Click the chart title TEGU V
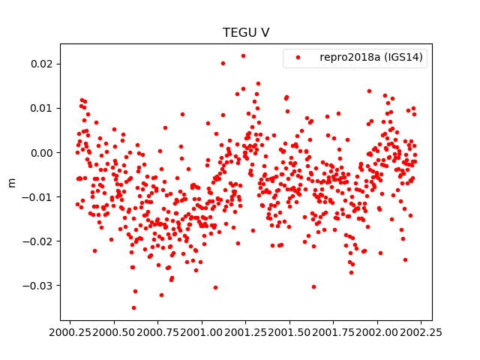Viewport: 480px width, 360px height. tap(246, 33)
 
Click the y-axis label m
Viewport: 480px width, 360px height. tap(11, 182)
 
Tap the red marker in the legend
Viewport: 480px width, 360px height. tap(298, 58)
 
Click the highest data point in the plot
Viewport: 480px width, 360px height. tap(243, 55)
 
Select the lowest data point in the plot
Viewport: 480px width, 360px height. tap(133, 307)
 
